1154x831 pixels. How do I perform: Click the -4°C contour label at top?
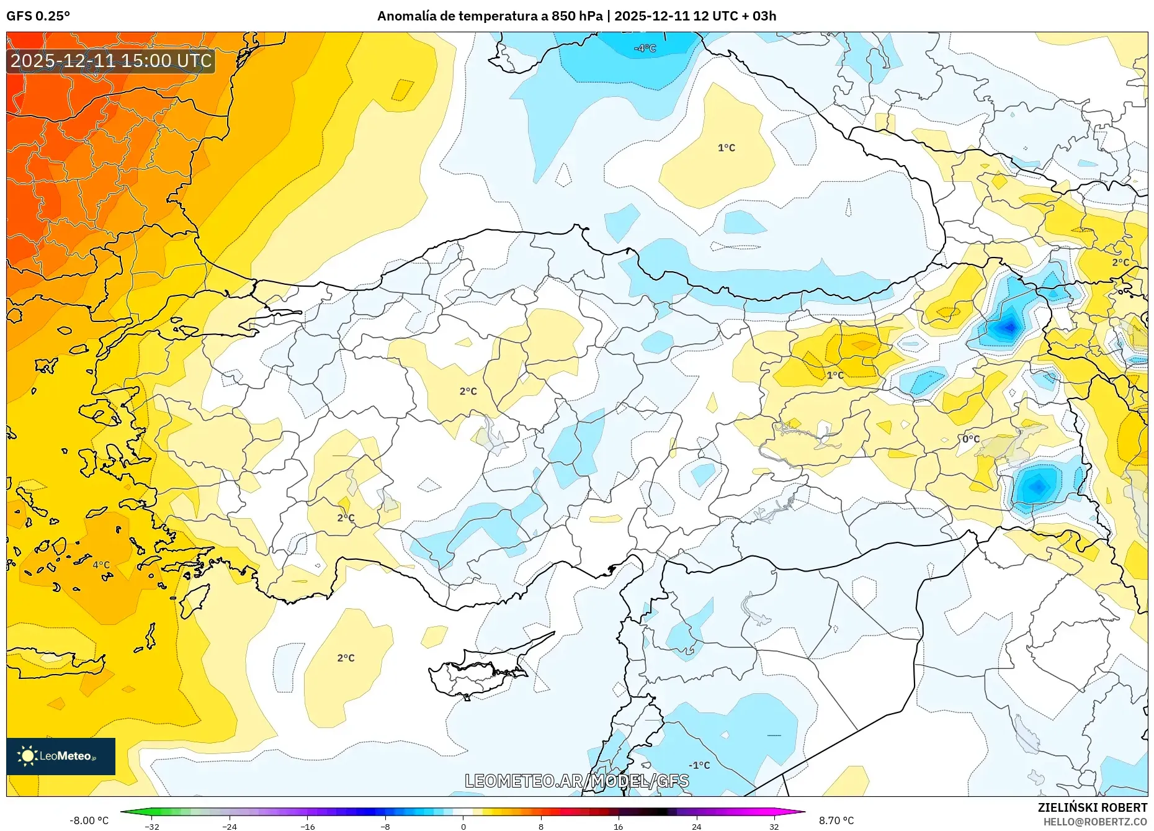coord(645,48)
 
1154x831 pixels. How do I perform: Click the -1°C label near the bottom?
coord(699,765)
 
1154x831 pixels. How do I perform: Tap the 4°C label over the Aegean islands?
coord(101,565)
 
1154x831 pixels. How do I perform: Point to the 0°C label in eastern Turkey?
coord(971,439)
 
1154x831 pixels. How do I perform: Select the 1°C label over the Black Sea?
coord(726,148)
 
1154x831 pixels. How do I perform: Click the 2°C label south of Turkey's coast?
coord(346,658)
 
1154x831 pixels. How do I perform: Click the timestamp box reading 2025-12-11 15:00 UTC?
coord(111,61)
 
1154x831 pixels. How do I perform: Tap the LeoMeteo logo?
coord(61,756)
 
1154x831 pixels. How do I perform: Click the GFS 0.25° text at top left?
coord(38,16)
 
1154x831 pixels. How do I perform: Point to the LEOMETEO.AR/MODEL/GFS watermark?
coord(576,781)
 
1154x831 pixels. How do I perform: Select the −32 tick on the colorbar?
coord(152,826)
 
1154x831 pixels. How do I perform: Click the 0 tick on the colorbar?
coord(463,826)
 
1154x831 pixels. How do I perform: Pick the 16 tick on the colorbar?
coord(618,826)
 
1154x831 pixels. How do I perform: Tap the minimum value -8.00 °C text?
coord(89,820)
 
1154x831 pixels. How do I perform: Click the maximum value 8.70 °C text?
coord(836,820)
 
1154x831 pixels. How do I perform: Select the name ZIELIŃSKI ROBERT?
coord(1092,807)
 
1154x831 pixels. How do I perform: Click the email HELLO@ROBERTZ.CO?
coord(1095,822)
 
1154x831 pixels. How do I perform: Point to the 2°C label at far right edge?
coord(1120,263)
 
